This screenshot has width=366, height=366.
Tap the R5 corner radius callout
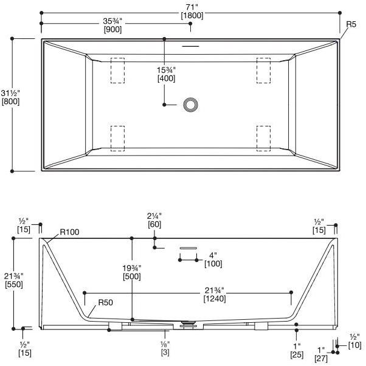pyautogui.click(x=351, y=24)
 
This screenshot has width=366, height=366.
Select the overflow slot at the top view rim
pyautogui.click(x=192, y=46)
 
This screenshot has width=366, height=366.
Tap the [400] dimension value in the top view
pyautogui.click(x=167, y=78)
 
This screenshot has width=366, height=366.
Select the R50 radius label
pyautogui.click(x=105, y=302)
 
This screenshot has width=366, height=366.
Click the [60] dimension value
pyautogui.click(x=155, y=225)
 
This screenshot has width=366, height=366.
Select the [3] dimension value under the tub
pyautogui.click(x=165, y=351)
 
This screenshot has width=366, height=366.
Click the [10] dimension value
pyautogui.click(x=354, y=345)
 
